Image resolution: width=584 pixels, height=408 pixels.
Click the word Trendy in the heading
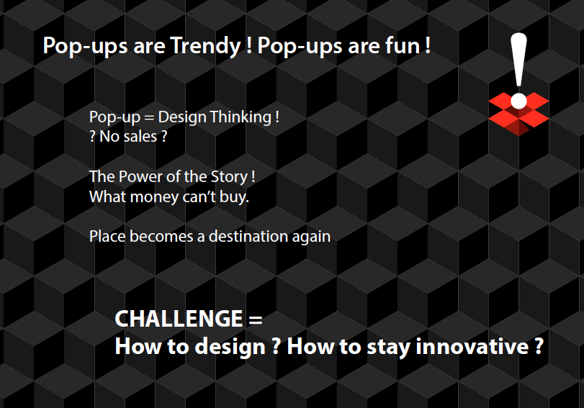click(206, 47)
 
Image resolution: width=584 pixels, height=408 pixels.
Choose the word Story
click(229, 177)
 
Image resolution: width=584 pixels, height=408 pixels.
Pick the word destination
click(248, 237)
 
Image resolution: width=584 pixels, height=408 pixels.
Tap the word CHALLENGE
click(179, 319)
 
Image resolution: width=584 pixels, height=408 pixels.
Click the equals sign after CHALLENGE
click(255, 319)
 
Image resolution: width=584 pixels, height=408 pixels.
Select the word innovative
click(472, 347)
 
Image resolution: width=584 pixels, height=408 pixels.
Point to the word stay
click(389, 348)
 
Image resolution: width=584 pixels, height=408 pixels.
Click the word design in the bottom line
click(230, 347)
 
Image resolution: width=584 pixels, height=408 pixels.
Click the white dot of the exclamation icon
click(518, 101)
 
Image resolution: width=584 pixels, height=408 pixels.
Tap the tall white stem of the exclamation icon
click(518, 60)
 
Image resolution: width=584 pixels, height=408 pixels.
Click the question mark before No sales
click(92, 137)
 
